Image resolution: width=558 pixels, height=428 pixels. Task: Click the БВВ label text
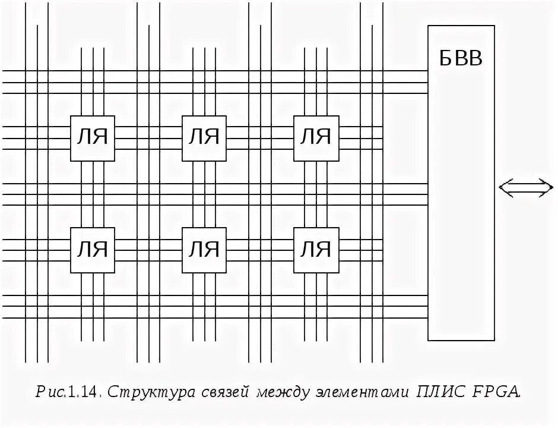pyautogui.click(x=461, y=59)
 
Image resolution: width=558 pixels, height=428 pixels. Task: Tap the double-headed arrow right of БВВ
pyautogui.click(x=525, y=188)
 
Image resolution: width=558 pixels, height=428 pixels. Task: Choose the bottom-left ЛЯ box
pyautogui.click(x=93, y=249)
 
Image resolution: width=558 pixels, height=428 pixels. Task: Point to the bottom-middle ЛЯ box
pyautogui.click(x=204, y=249)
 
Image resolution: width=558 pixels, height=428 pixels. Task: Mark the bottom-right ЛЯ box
pyautogui.click(x=315, y=249)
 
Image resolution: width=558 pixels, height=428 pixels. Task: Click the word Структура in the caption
pyautogui.click(x=145, y=393)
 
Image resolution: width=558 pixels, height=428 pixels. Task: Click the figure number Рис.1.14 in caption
pyautogui.click(x=70, y=392)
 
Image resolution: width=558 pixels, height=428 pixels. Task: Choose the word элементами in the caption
pyautogui.click(x=363, y=393)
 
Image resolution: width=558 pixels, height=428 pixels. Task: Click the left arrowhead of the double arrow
pyautogui.click(x=503, y=188)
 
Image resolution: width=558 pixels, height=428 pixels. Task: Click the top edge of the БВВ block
pyautogui.click(x=461, y=26)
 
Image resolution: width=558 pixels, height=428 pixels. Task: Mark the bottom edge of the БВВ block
pyautogui.click(x=461, y=340)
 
